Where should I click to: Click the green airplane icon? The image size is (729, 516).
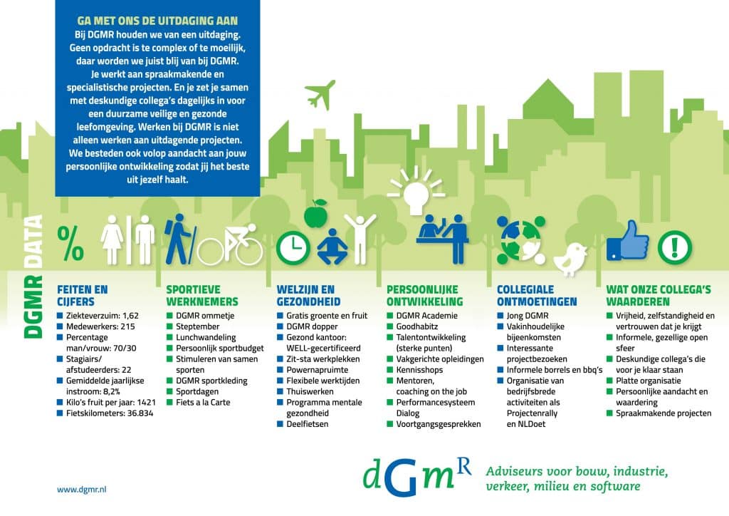[x=320, y=95]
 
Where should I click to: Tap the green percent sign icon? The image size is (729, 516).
[x=70, y=243]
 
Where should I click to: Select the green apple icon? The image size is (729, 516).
[x=316, y=214]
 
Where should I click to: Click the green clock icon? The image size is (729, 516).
[x=293, y=247]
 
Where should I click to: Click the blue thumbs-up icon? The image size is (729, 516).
[x=627, y=241]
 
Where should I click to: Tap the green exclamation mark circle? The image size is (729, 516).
[x=674, y=247]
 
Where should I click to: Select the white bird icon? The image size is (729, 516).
[x=570, y=258]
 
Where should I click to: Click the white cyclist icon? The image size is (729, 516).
[x=230, y=244]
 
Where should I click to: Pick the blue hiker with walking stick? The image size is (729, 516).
[x=180, y=239]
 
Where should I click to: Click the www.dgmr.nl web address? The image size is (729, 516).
[x=81, y=490]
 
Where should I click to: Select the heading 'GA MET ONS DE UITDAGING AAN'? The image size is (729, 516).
[x=157, y=21]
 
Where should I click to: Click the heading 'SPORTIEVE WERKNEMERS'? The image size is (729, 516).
[x=202, y=296]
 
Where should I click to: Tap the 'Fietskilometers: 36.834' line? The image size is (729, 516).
[x=110, y=413]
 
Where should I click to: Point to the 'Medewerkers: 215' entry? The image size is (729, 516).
[x=100, y=326]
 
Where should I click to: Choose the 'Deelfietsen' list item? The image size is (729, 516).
[x=308, y=424]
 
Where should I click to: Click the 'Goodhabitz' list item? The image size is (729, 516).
[x=417, y=326]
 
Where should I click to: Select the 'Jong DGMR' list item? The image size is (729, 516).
[x=528, y=316]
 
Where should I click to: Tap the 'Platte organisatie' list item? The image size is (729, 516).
[x=648, y=381]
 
